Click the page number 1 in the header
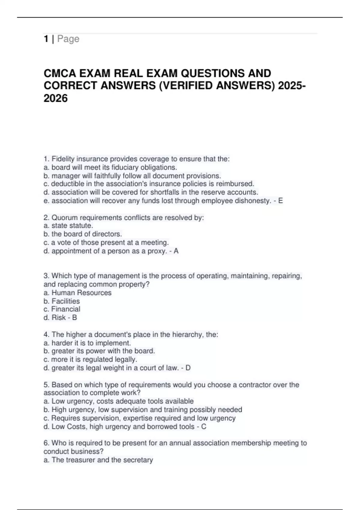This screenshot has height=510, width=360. (46, 39)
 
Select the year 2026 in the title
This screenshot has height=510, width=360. (56, 98)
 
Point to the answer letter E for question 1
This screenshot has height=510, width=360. (280, 201)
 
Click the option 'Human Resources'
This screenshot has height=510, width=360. (81, 293)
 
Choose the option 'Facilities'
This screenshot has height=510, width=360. (66, 301)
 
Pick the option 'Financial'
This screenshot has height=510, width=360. (66, 309)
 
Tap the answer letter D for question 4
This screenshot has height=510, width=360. (188, 368)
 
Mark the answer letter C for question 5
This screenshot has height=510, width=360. (204, 427)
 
